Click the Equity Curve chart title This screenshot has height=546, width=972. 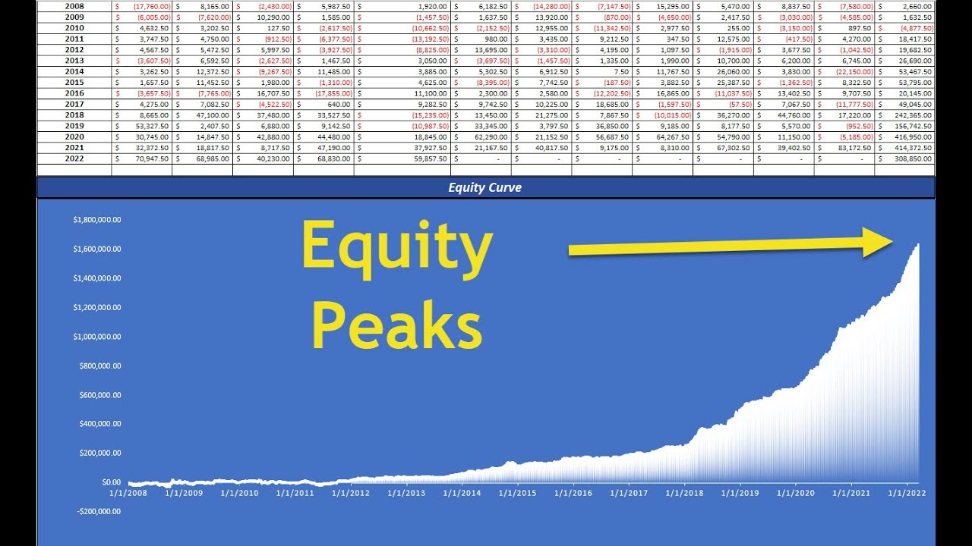484,187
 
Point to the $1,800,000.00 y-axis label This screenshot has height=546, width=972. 97,220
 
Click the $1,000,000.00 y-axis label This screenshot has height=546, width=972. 97,337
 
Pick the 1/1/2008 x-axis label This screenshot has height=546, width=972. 128,493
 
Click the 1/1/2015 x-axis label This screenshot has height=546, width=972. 518,493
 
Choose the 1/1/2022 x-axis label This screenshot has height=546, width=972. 907,493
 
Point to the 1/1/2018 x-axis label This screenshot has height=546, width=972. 684,493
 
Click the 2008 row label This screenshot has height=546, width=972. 74,6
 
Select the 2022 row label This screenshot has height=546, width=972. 74,159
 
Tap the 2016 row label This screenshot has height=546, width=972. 74,93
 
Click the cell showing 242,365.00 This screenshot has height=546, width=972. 907,115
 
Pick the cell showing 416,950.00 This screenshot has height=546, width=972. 907,137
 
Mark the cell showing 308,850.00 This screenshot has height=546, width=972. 907,159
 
